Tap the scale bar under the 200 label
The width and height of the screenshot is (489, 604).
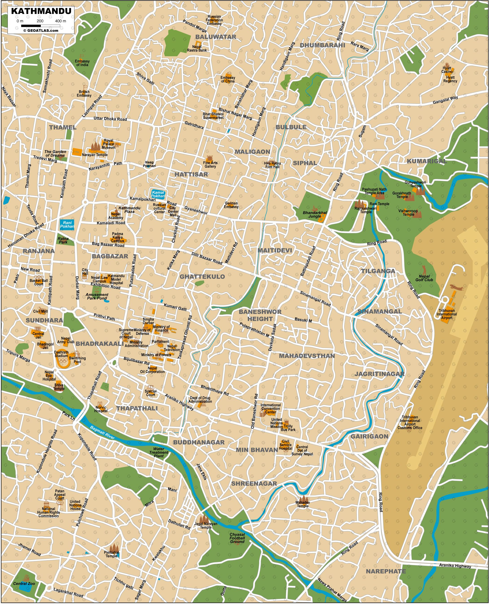point(40,26)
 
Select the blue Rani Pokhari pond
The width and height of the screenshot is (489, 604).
point(67,225)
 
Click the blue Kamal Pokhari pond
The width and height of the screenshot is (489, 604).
point(158,194)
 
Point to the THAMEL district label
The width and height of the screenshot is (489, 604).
point(63,127)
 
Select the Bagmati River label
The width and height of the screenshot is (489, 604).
point(102,432)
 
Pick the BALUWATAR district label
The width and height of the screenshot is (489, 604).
point(216,37)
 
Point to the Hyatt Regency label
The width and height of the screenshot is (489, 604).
point(450,79)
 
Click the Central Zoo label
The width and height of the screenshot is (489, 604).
point(24,583)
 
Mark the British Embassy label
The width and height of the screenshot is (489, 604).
point(84,93)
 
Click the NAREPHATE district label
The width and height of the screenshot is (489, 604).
point(386,571)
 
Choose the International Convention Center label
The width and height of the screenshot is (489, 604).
point(270,409)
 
